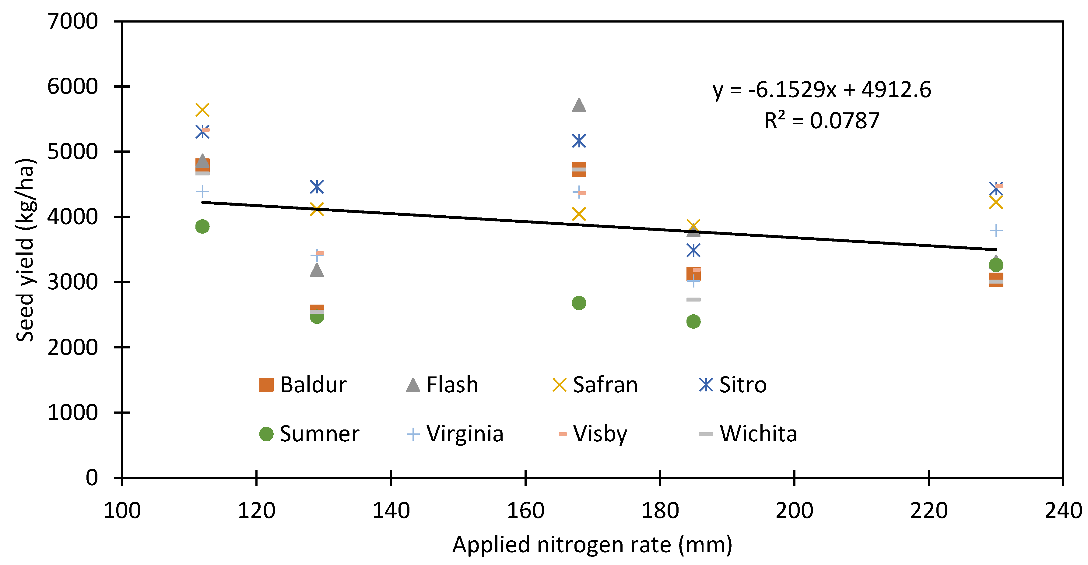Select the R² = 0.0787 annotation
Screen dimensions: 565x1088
tap(822, 121)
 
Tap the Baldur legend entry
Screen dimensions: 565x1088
tap(302, 385)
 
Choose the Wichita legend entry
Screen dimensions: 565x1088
tap(748, 434)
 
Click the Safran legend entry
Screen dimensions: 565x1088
tap(595, 385)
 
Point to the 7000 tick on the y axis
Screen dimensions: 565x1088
tap(73, 21)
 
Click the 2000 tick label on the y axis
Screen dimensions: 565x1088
tap(73, 347)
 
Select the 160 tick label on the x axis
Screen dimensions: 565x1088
tap(525, 510)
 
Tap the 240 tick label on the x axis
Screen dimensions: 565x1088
tap(1063, 510)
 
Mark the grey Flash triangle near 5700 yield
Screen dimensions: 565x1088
tap(579, 105)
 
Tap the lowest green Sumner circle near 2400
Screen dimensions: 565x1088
tap(693, 322)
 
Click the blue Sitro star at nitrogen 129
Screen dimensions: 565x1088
tap(317, 187)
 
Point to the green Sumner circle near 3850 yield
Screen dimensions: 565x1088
tap(202, 227)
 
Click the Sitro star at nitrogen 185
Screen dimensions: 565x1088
tap(693, 250)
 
